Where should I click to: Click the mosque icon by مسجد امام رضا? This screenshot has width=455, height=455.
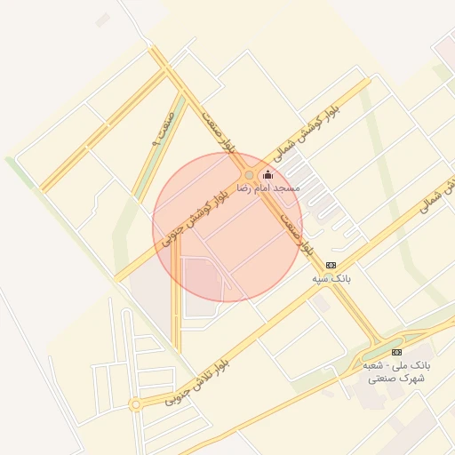point(268,175)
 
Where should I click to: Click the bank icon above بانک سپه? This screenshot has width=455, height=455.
point(331,265)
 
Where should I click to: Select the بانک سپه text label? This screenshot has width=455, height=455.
point(331,278)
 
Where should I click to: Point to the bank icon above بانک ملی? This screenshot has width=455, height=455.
point(395,353)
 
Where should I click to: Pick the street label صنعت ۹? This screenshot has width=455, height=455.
point(160,131)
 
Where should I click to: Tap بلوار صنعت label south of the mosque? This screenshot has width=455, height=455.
point(297,232)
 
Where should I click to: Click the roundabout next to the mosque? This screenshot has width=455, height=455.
point(249,176)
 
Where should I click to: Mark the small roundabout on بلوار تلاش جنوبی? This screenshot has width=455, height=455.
point(135,404)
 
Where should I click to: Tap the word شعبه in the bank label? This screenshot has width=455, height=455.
point(374,365)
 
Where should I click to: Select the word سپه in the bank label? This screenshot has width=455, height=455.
point(322,278)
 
